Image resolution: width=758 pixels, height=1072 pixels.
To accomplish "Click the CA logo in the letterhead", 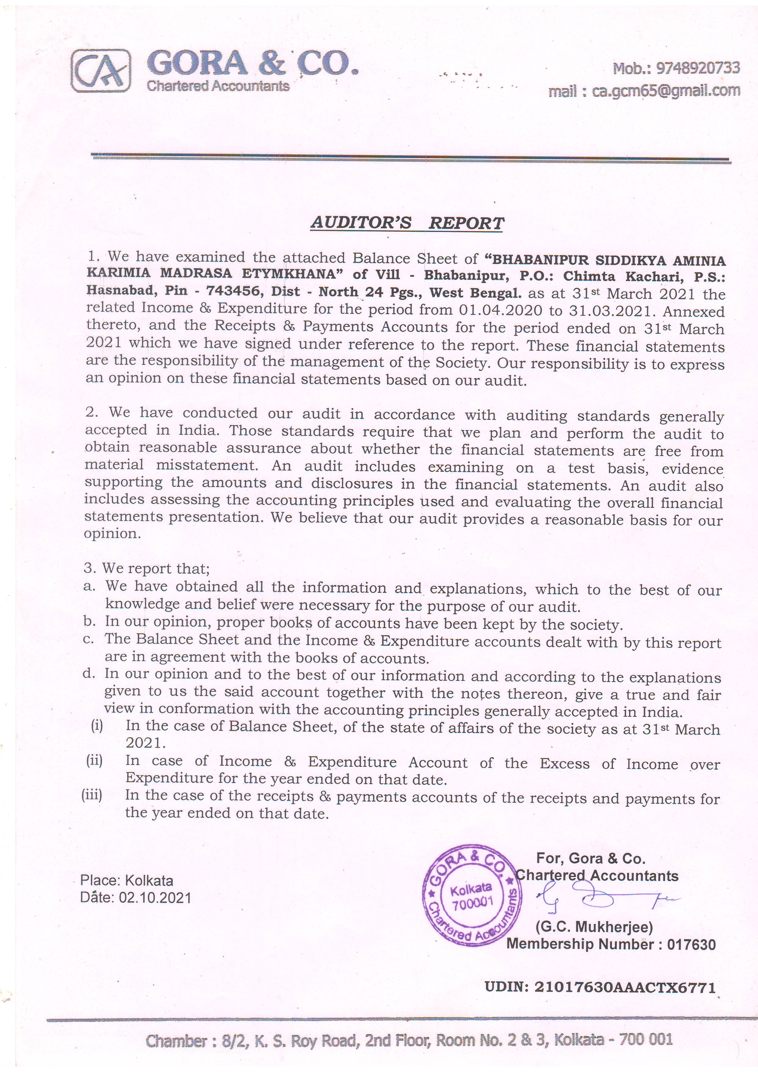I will (x=101, y=72).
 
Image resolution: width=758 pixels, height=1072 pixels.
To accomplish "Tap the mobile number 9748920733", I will (x=698, y=68).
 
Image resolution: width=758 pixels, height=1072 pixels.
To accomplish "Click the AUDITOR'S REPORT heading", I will (x=407, y=223).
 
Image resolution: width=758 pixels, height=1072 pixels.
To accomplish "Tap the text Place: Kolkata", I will (x=127, y=881).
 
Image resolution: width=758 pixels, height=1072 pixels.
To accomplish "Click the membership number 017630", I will (x=691, y=945).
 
